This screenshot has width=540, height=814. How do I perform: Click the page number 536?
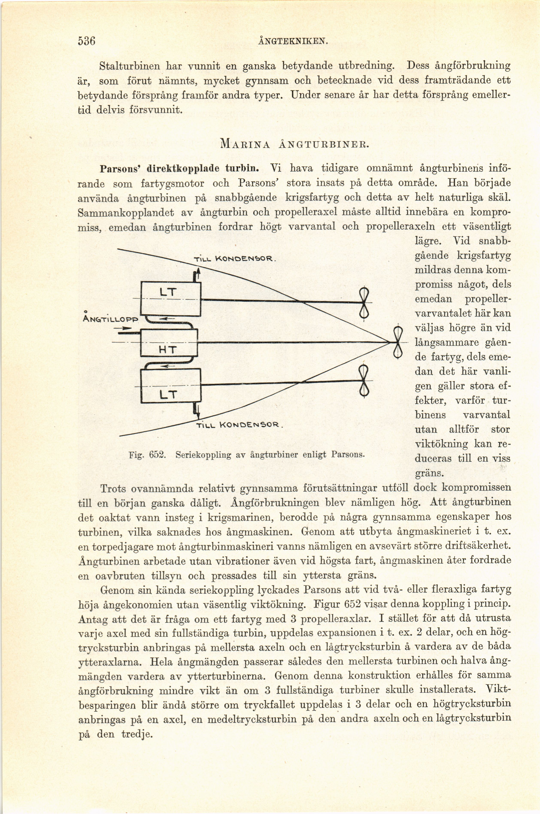click(86, 41)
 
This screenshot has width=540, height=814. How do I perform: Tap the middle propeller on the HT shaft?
click(398, 342)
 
